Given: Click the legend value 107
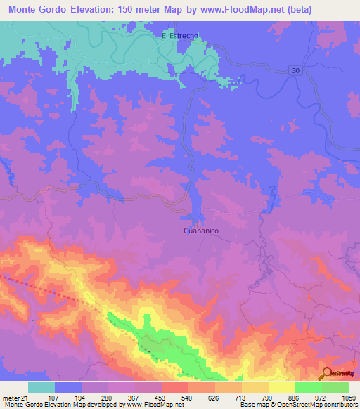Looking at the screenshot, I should point(49,397).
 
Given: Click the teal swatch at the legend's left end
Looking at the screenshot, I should point(41,387).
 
